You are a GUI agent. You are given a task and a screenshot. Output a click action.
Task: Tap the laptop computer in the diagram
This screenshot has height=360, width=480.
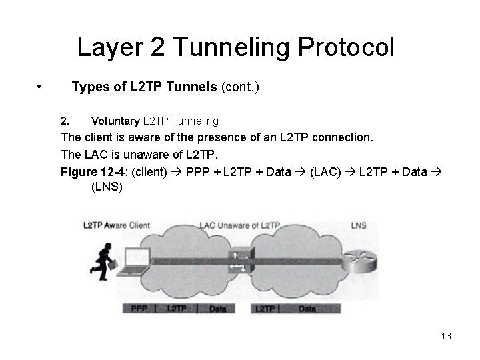(134, 261)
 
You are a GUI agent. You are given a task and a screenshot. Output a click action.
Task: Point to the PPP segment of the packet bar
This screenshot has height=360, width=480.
(139, 309)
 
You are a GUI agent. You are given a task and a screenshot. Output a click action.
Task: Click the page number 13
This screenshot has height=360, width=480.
(446, 337)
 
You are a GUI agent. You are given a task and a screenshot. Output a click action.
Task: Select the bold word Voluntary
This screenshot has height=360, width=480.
(115, 121)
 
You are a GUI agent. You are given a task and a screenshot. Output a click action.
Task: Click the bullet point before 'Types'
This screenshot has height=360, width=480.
(41, 87)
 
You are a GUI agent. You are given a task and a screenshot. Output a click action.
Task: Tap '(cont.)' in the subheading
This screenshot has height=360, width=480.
(243, 87)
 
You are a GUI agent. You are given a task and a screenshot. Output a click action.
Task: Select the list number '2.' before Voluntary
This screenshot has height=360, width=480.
(65, 121)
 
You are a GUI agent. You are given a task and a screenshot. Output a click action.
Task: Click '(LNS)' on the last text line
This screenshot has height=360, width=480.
(106, 187)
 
